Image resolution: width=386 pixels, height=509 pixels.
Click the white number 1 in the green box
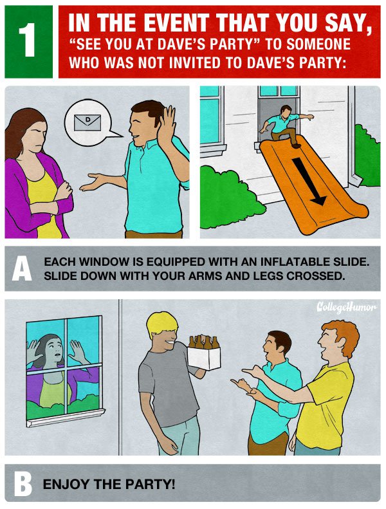(28, 41)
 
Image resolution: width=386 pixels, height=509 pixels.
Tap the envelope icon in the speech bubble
(87, 122)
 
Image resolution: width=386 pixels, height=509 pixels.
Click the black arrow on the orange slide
(309, 181)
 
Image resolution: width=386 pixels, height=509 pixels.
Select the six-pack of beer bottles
(203, 352)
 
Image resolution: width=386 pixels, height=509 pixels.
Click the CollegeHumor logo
(346, 307)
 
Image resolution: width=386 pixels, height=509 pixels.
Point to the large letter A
(22, 268)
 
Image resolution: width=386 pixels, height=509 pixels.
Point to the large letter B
(23, 485)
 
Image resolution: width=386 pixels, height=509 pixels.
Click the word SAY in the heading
(345, 23)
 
